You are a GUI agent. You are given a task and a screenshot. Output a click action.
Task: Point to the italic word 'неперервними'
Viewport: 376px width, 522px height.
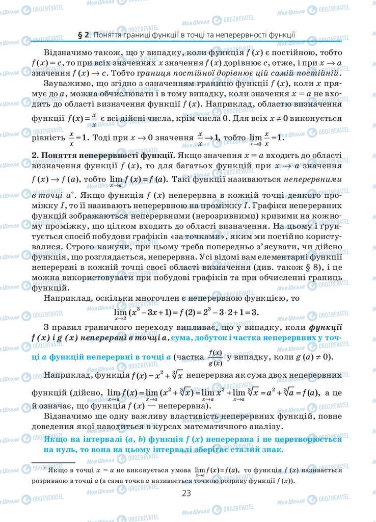(312, 179)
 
